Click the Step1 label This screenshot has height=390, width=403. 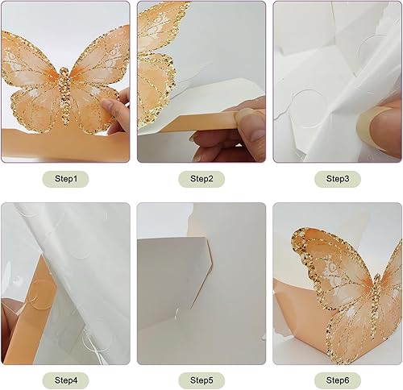(66, 178)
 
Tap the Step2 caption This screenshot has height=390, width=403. (201, 178)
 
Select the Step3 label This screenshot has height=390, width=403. (337, 178)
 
